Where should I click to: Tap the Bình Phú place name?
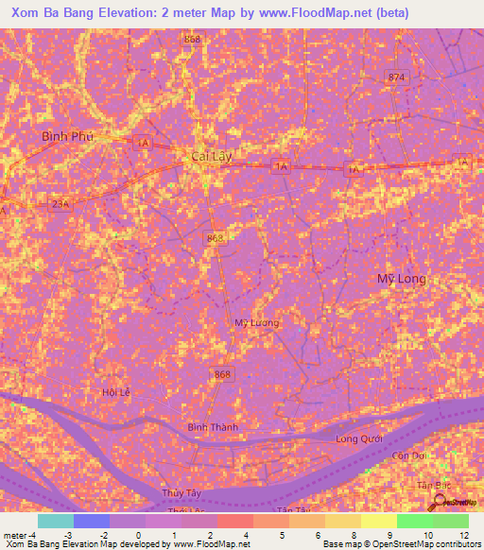[x=68, y=136]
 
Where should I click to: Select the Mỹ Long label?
[x=401, y=279]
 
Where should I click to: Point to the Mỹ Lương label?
[x=257, y=323]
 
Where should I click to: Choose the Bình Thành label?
[x=213, y=427]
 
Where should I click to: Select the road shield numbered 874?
[x=395, y=77]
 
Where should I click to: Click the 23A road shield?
[x=59, y=204]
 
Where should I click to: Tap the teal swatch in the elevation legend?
[x=55, y=521]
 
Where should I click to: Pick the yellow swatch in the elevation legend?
[x=378, y=521]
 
